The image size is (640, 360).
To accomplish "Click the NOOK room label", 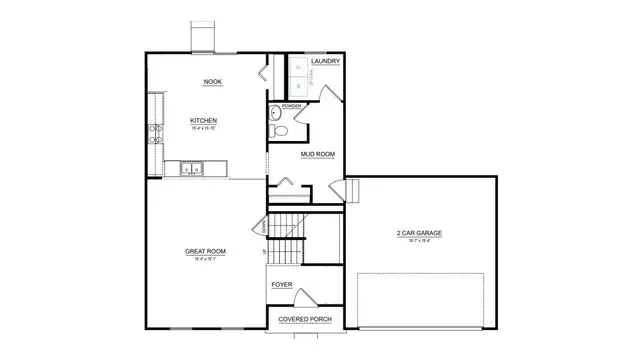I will [x=212, y=82].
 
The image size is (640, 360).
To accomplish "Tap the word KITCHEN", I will [x=204, y=121].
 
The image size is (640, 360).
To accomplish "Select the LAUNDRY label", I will [x=325, y=62].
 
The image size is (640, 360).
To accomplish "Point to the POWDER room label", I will [x=291, y=105].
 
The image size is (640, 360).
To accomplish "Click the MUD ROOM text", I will [x=317, y=154].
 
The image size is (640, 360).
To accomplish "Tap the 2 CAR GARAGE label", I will [x=419, y=233].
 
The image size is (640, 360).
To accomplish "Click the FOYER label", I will [x=283, y=284].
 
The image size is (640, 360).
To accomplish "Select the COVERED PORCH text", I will [x=304, y=319].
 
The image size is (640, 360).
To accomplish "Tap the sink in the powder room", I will [x=276, y=113].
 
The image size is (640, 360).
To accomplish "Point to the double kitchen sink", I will [x=192, y=169].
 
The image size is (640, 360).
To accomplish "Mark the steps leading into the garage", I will [x=351, y=190].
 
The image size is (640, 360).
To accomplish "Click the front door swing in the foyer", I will [x=308, y=297].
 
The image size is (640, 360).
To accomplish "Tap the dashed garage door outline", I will [x=426, y=296].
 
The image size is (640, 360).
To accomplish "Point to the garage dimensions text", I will [x=419, y=241].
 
